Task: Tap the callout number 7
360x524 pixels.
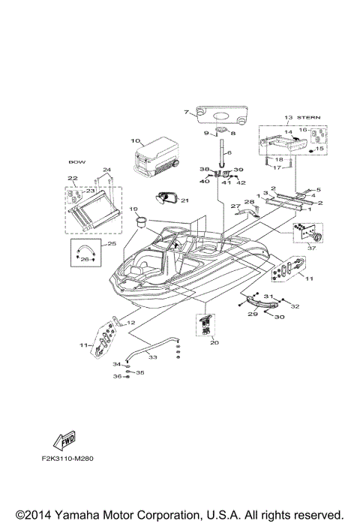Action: [x=185, y=112]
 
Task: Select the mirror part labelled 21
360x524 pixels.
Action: [x=166, y=198]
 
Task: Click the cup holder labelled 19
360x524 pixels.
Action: [x=140, y=221]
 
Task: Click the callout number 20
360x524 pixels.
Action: [x=214, y=342]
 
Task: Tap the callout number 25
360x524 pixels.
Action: [x=112, y=244]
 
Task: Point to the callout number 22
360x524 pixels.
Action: [x=73, y=178]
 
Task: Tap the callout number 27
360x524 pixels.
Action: [x=234, y=205]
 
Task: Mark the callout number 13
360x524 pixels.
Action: [x=288, y=117]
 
